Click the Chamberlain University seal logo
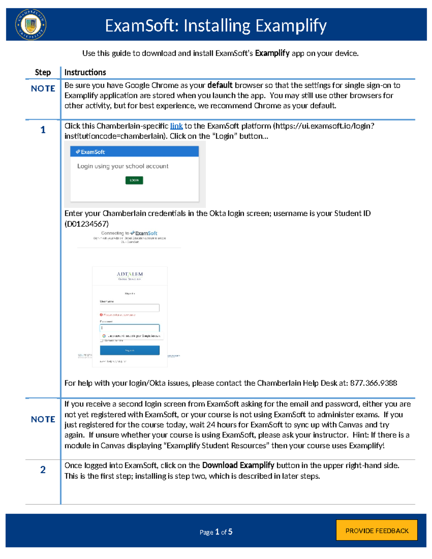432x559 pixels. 31,24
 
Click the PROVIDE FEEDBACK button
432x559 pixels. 377,531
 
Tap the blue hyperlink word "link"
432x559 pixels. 176,126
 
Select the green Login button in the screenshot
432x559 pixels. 134,180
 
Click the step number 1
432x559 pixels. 43,130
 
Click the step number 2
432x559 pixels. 43,470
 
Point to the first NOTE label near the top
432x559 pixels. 43,89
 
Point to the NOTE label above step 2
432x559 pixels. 43,419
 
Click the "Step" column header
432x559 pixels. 43,72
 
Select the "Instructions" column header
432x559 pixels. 85,72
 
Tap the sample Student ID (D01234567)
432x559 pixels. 86,224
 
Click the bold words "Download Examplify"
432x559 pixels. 238,465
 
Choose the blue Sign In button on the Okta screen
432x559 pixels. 130,350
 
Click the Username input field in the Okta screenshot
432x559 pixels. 130,308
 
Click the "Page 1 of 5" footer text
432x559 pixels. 216,532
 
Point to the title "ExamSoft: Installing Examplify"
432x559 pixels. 216,26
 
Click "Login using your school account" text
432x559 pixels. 123,166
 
